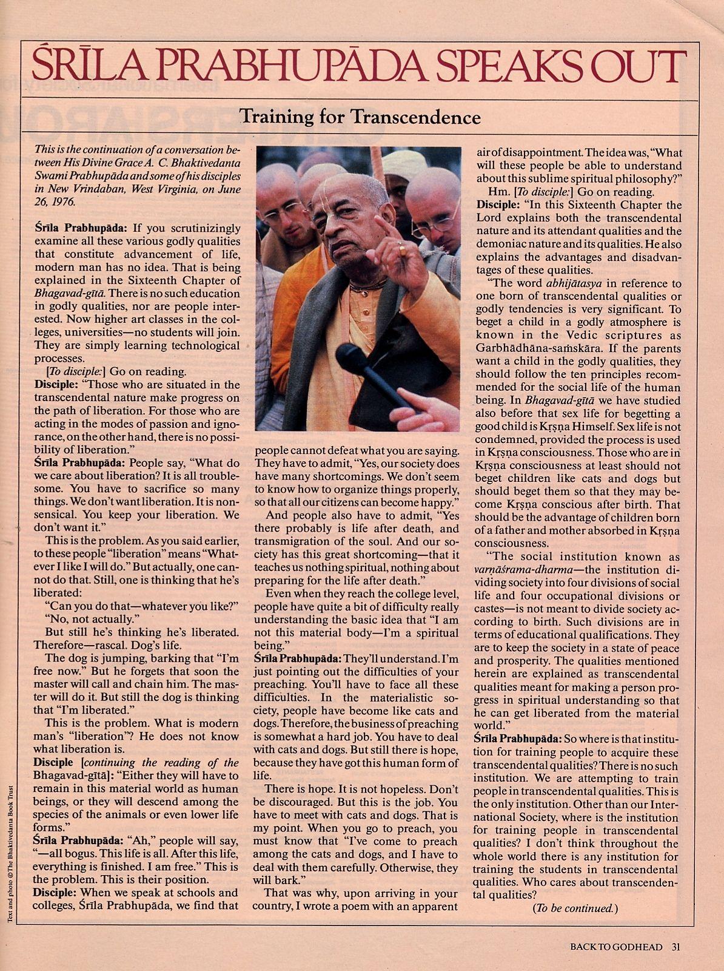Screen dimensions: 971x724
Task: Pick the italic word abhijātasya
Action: [x=572, y=283]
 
